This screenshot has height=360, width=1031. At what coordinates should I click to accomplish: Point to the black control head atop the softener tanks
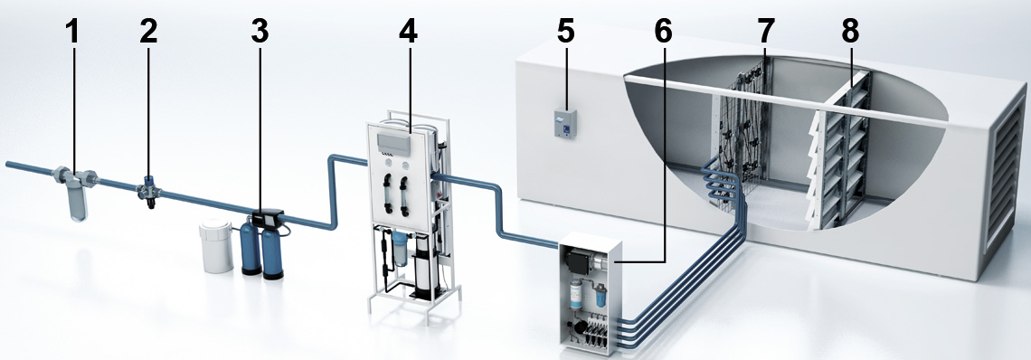tap(268, 218)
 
